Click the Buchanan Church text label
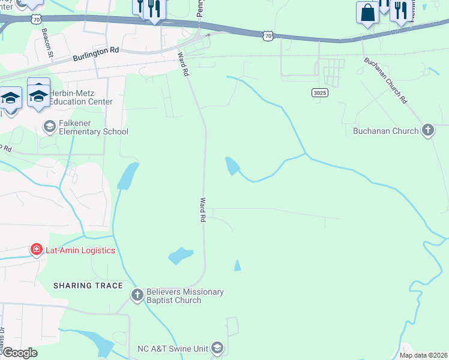tap(385, 131)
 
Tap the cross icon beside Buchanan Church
tap(427, 130)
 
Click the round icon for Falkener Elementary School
tap(49, 125)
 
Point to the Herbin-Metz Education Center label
tap(81, 97)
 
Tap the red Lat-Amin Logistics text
tap(80, 250)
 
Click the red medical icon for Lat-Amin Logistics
tap(37, 250)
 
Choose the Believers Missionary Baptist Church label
tap(178, 296)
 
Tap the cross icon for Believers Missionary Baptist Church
tap(137, 295)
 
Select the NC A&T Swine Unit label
tap(171, 347)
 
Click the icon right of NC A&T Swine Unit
tap(217, 347)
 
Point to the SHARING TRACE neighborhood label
tap(88, 286)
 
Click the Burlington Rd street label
tap(95, 55)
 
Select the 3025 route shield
tap(319, 92)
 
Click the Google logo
tap(20, 353)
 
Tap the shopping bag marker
tap(367, 12)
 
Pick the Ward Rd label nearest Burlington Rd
tap(183, 64)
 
